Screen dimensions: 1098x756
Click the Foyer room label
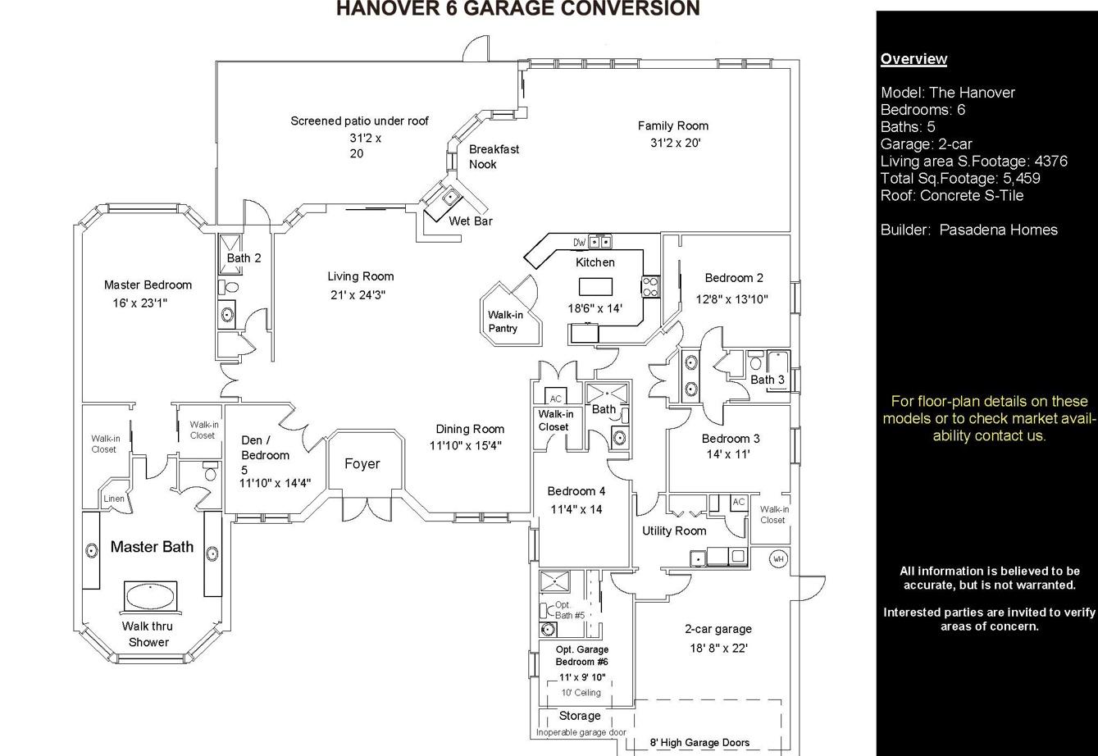click(x=362, y=464)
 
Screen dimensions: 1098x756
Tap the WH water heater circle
click(x=778, y=559)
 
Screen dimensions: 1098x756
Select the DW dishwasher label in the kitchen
click(x=580, y=242)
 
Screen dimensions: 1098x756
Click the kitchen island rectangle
click(x=595, y=287)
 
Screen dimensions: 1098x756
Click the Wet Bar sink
click(x=450, y=197)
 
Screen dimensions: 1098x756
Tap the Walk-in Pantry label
click(x=505, y=321)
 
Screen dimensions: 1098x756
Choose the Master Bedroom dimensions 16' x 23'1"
click(x=139, y=303)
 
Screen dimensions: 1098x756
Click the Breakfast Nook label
click(x=494, y=157)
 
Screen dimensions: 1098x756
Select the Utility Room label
click(x=674, y=531)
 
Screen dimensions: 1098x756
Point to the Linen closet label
click(x=114, y=499)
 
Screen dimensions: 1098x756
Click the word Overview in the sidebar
click(x=913, y=59)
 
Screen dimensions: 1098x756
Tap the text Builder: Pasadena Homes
click(x=968, y=230)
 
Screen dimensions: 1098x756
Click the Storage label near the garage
click(x=580, y=716)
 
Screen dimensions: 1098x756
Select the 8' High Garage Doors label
click(x=699, y=743)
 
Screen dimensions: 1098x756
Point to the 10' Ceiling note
click(x=581, y=693)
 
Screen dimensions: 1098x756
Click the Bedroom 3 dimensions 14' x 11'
click(x=728, y=454)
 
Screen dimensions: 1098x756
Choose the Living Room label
click(x=360, y=276)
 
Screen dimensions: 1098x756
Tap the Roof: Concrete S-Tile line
click(x=952, y=196)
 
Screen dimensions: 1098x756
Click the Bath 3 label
click(x=768, y=380)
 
